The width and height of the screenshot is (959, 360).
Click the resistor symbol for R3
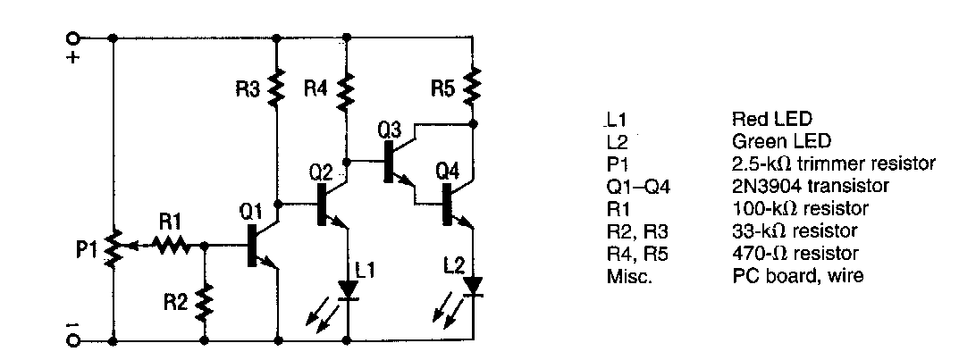coord(277,88)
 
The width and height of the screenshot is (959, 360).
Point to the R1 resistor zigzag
coord(170,243)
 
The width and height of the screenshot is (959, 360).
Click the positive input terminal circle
coord(72,38)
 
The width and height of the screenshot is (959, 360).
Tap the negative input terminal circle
coord(72,341)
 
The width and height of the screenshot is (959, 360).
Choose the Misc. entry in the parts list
coord(623,277)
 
